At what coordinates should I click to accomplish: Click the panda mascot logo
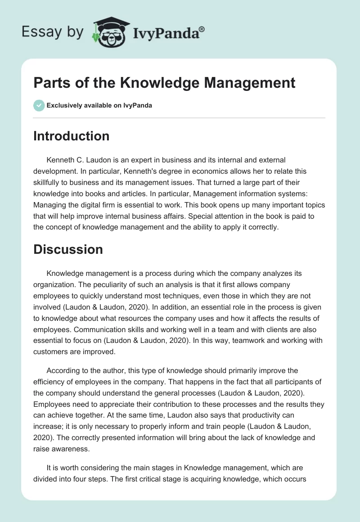[108, 32]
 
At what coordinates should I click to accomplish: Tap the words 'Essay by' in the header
[52, 32]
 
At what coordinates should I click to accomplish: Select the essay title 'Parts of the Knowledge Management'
[164, 83]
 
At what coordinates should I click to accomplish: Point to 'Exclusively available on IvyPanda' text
[99, 106]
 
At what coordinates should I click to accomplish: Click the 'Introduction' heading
[71, 136]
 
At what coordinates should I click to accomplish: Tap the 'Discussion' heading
[68, 249]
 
